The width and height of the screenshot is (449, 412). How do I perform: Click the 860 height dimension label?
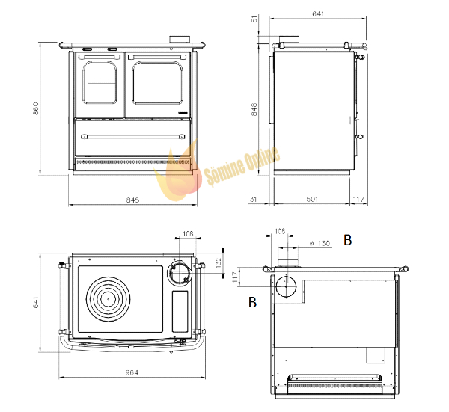tap(36, 108)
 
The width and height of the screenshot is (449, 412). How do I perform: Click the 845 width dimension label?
tap(132, 200)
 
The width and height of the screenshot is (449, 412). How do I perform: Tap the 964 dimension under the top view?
tap(132, 372)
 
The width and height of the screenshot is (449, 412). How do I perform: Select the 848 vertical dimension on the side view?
tap(254, 110)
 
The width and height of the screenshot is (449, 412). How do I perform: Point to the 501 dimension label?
tap(312, 199)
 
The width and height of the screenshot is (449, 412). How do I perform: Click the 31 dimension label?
tap(254, 199)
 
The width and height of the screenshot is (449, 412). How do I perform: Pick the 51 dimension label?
tap(254, 19)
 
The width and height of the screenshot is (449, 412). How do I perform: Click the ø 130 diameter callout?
tap(320, 243)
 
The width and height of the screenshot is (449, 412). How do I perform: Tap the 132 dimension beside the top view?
tap(219, 262)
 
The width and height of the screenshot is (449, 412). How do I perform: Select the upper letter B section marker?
tap(348, 240)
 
